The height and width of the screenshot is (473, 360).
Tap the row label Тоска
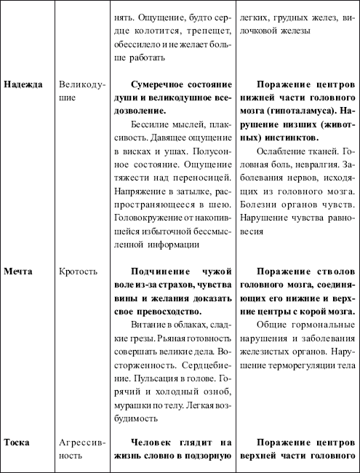pos(19,443)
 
